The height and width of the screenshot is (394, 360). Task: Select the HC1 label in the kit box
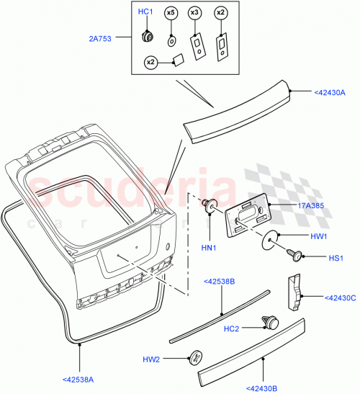click(145, 12)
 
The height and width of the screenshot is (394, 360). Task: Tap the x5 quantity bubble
click(171, 13)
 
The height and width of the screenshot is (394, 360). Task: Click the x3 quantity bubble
click(194, 13)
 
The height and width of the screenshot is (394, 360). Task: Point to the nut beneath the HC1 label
click(148, 36)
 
